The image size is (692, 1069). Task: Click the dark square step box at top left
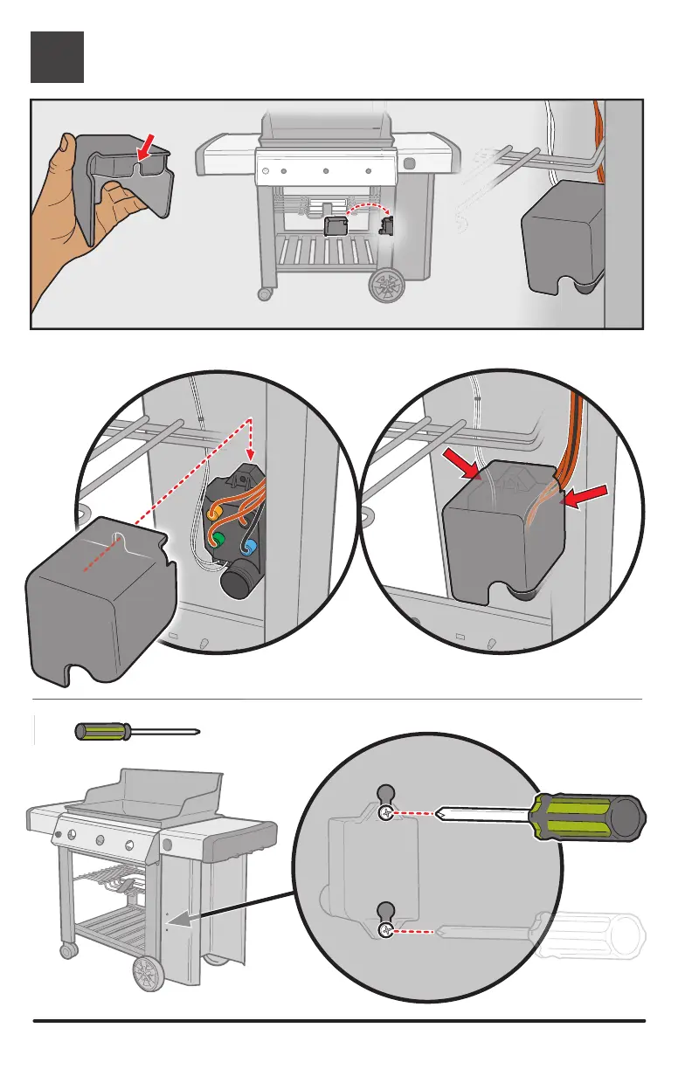pyautogui.click(x=58, y=57)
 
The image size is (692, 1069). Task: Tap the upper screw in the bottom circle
pyautogui.click(x=384, y=814)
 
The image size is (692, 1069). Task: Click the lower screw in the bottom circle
pyautogui.click(x=384, y=932)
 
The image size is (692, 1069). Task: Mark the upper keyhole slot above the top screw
pyautogui.click(x=384, y=794)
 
